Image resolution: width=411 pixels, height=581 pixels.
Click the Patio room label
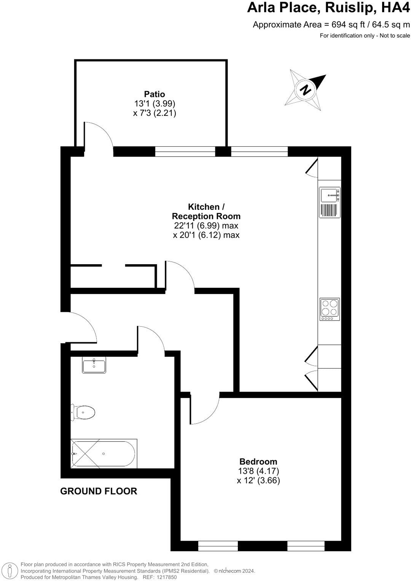pyautogui.click(x=155, y=94)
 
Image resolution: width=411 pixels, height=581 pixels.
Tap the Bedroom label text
pyautogui.click(x=258, y=462)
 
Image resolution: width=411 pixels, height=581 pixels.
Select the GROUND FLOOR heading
pyautogui.click(x=99, y=491)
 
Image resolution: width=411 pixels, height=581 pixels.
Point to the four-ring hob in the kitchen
pyautogui.click(x=330, y=308)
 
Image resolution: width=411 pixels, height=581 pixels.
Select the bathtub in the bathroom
pyautogui.click(x=104, y=453)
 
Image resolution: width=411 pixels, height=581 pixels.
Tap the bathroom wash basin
pyautogui.click(x=94, y=366)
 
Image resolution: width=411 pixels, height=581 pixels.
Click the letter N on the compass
pyautogui.click(x=305, y=90)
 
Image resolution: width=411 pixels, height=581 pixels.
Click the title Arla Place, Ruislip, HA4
pyautogui.click(x=328, y=8)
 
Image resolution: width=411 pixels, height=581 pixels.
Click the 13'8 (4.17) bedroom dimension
pyautogui.click(x=258, y=471)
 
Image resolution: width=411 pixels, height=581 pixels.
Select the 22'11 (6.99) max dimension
pyautogui.click(x=206, y=225)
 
